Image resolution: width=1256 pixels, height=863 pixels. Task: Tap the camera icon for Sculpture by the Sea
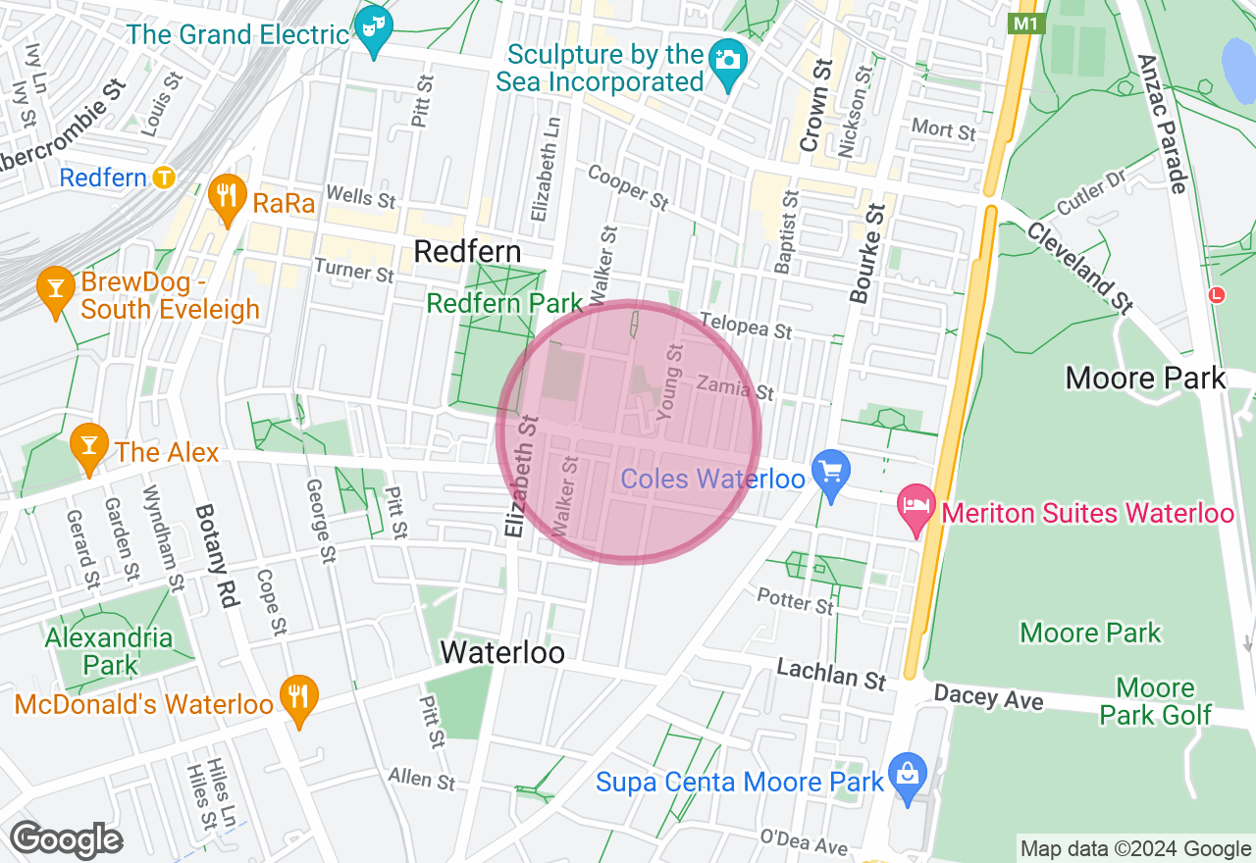[x=727, y=60]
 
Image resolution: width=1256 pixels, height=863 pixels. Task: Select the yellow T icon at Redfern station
[x=164, y=178]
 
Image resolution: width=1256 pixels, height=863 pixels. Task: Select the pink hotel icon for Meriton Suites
[x=916, y=507]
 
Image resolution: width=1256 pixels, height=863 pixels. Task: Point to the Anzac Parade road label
[x=1163, y=123]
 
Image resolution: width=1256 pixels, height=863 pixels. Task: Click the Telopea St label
[x=746, y=327]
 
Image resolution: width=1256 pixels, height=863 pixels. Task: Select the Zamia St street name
[x=735, y=388]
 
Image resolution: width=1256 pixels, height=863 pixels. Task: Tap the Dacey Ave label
[x=989, y=697]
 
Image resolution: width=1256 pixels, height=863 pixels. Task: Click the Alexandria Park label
[x=108, y=651]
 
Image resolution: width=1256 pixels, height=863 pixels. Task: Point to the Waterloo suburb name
[x=502, y=652]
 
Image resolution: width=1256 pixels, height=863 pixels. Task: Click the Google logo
[x=66, y=839]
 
